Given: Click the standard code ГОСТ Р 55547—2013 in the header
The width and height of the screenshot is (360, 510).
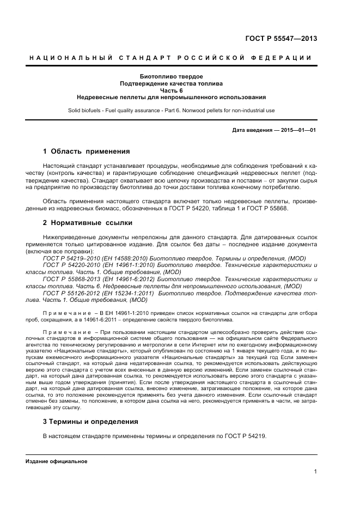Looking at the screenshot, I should [x=281, y=39].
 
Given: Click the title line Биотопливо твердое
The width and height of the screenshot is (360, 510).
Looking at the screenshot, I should [x=172, y=76].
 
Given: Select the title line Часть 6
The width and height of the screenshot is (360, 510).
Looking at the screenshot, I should [x=172, y=90].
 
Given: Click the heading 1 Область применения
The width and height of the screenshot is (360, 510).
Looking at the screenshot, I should [x=86, y=151].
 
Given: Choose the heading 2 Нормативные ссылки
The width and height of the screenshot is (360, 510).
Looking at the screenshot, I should [x=87, y=222].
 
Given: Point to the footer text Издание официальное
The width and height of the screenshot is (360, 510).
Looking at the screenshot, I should [x=57, y=462].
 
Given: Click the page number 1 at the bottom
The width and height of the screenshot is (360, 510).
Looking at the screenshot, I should [x=315, y=472].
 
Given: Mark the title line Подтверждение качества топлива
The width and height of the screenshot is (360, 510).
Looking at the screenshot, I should [x=172, y=83].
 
